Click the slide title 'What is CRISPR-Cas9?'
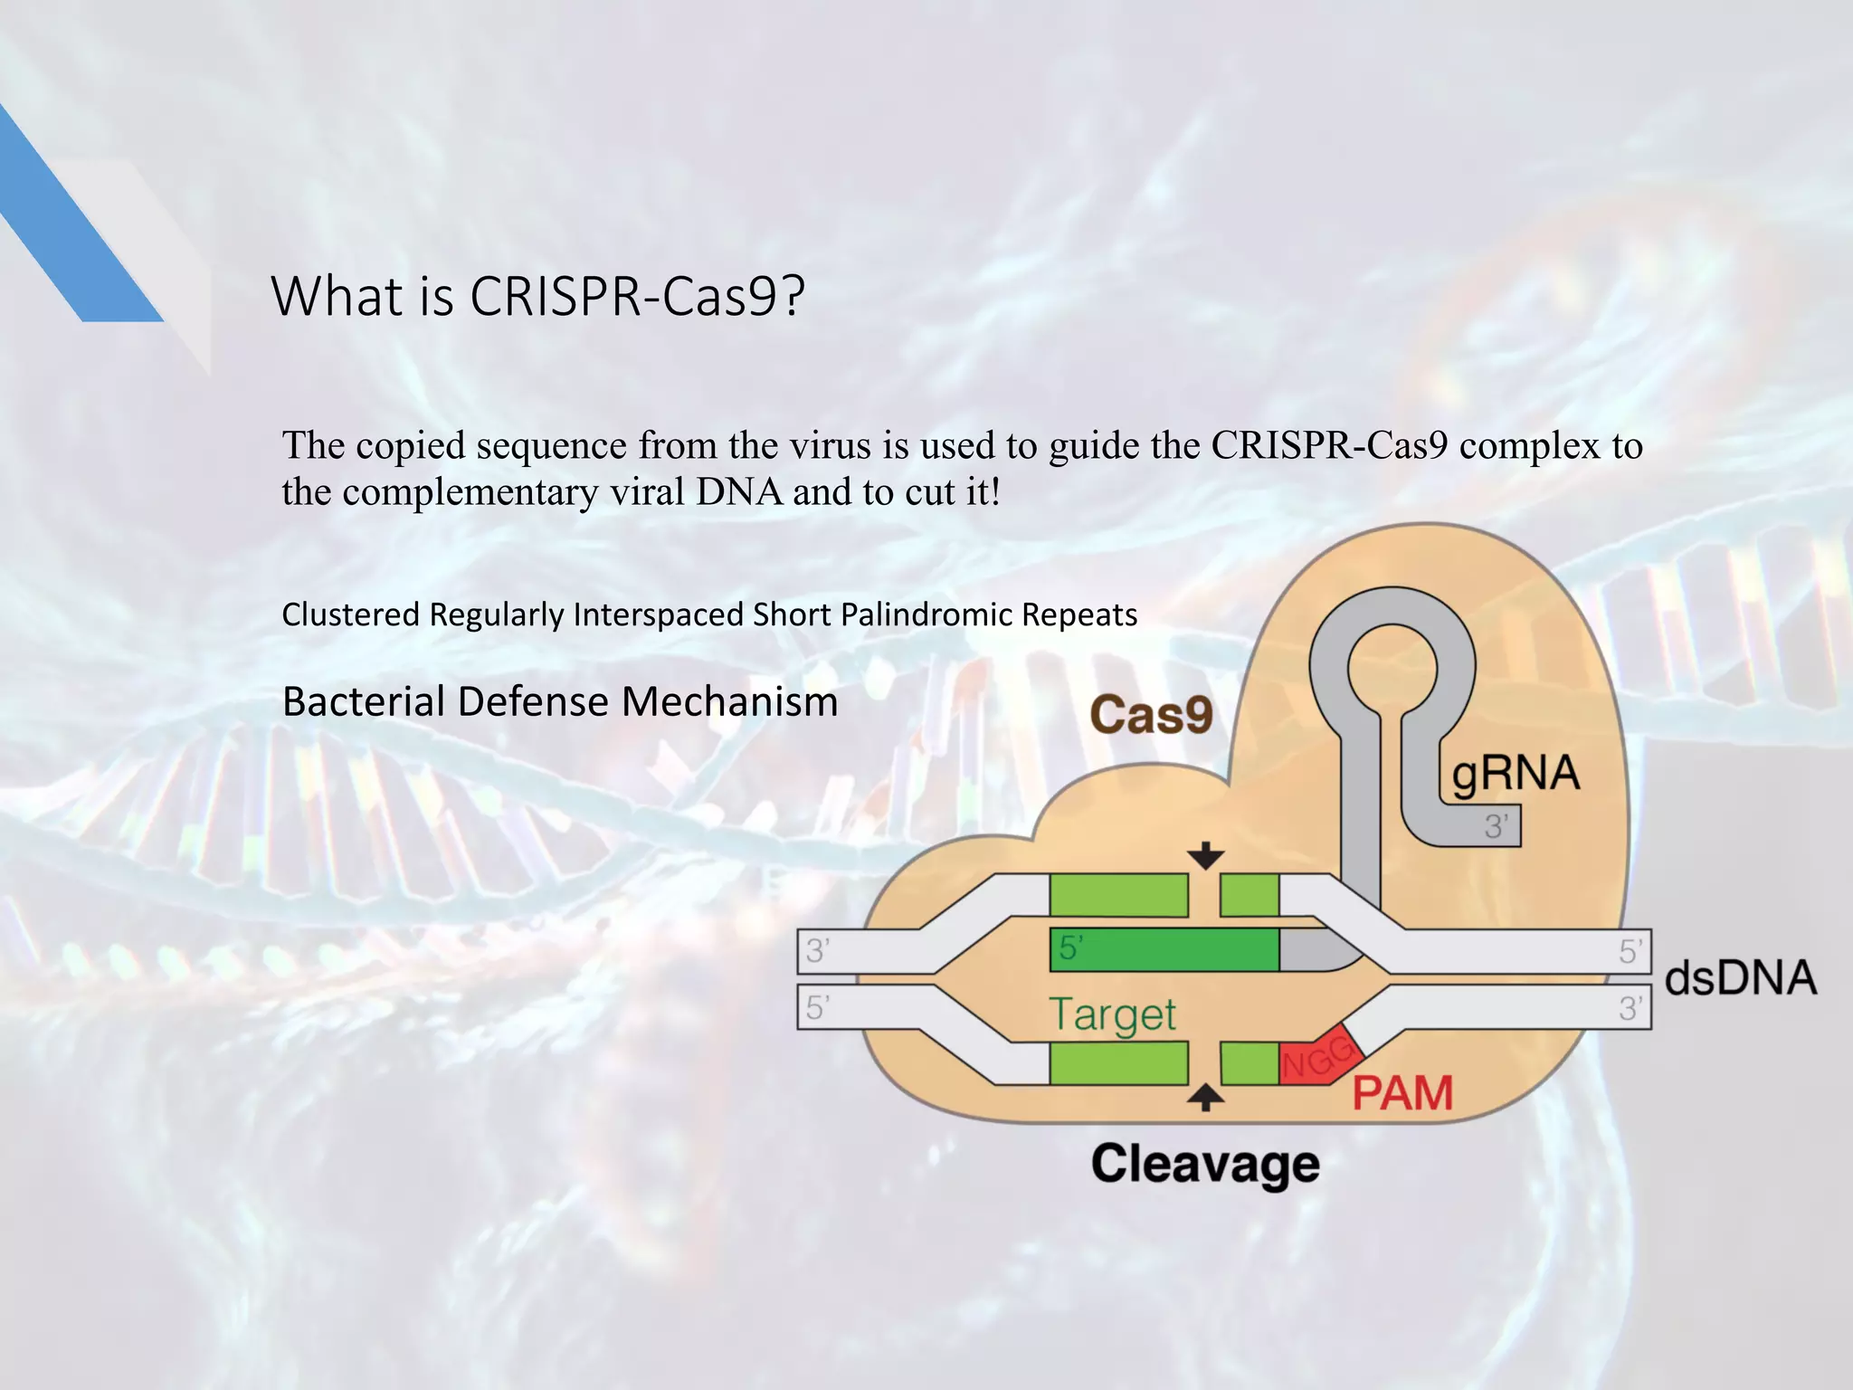pos(537,297)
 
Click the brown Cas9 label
pos(1151,715)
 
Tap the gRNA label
pos(1516,775)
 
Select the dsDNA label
pos(1740,978)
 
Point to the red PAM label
pos(1402,1093)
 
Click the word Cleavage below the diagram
pos(1205,1164)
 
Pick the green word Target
pos(1113,1014)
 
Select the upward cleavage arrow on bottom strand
pos(1205,1098)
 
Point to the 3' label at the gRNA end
pos(1497,826)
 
